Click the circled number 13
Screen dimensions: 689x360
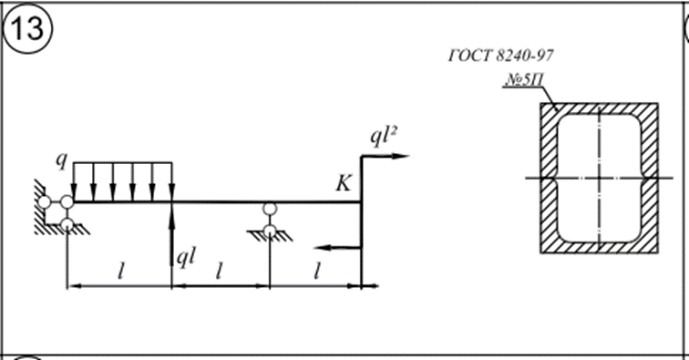[27, 28]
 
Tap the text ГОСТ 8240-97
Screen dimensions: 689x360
[501, 56]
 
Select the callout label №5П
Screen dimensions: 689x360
[525, 79]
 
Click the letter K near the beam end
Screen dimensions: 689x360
[344, 183]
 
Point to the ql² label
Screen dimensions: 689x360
[384, 137]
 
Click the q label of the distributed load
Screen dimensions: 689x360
[62, 160]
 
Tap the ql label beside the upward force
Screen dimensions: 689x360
[186, 257]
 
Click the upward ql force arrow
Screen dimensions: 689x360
[172, 235]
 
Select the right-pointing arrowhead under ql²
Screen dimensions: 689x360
[400, 156]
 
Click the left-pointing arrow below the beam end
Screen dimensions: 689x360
[337, 248]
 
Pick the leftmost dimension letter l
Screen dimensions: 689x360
[121, 273]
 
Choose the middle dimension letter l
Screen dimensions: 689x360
[219, 273]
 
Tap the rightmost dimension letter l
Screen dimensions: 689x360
[316, 273]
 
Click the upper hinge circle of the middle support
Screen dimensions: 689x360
[270, 209]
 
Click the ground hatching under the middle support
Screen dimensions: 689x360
[271, 236]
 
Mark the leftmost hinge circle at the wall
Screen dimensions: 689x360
[45, 202]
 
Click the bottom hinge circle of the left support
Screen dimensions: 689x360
[67, 224]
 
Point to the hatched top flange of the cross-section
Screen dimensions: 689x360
[599, 108]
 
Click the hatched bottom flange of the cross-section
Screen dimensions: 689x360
[599, 248]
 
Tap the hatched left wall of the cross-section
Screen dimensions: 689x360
[549, 178]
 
